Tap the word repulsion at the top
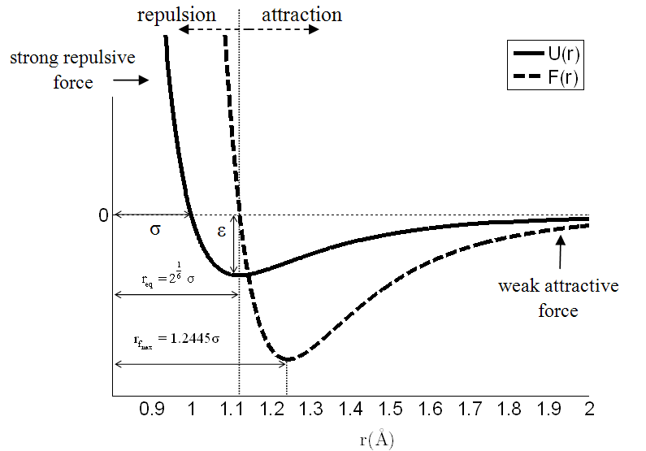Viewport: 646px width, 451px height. pyautogui.click(x=176, y=15)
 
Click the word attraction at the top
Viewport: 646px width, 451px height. pyautogui.click(x=302, y=15)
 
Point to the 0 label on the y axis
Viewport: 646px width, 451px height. pyautogui.click(x=103, y=215)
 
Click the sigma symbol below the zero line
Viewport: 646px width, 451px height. pyautogui.click(x=155, y=229)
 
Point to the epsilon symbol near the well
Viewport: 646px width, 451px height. pyautogui.click(x=221, y=230)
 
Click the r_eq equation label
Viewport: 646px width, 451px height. pyautogui.click(x=167, y=277)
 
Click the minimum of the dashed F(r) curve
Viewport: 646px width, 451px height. pyautogui.click(x=287, y=358)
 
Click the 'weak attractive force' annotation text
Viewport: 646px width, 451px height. pyautogui.click(x=557, y=298)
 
